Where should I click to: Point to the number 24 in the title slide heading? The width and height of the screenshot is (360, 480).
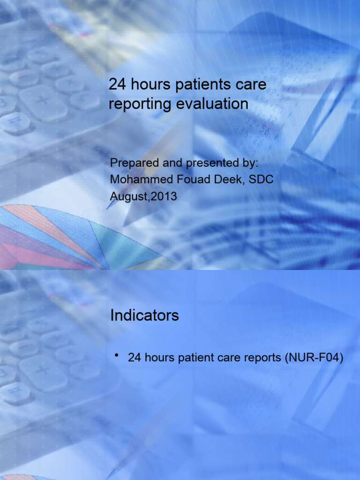(x=116, y=85)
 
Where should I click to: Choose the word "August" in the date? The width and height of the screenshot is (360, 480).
(x=125, y=196)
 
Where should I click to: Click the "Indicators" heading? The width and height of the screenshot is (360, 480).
(x=144, y=315)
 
